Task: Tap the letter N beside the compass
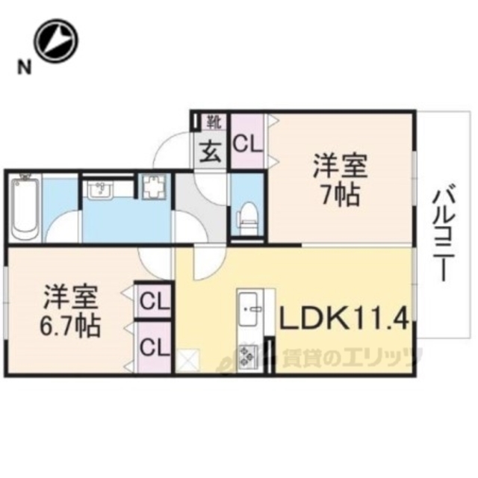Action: [x=24, y=68]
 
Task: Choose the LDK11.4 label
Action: [x=344, y=319]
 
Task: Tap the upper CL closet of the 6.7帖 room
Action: [x=153, y=302]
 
